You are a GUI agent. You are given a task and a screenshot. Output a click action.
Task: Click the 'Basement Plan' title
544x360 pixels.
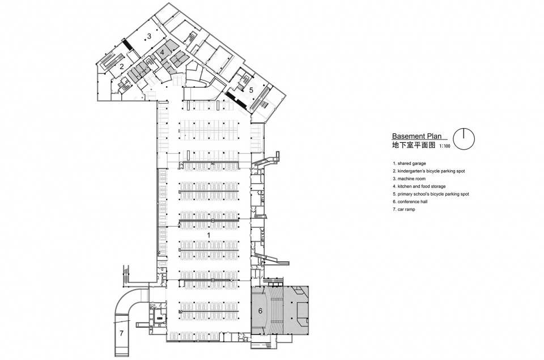coord(416,137)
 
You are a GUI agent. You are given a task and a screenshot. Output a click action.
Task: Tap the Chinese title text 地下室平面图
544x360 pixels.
coord(414,145)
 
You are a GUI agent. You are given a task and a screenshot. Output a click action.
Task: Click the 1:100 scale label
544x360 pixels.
coord(444,146)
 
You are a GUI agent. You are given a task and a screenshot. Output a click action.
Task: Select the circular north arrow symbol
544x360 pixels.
coord(464,139)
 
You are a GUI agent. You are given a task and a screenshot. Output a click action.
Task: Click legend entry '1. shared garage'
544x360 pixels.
coord(409,163)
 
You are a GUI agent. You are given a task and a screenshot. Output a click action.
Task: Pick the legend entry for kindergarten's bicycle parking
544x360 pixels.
coord(429,171)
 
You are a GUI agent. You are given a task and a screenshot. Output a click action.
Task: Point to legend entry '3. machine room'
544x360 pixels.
coord(409,179)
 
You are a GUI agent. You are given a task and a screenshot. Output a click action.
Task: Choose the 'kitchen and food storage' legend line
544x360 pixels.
coord(419,187)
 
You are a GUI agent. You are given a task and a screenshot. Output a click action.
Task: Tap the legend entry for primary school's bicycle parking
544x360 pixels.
coord(431,194)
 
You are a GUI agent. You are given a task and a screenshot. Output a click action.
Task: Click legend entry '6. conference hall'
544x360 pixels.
coord(410,202)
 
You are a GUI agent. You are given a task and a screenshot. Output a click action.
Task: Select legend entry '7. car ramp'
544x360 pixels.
coord(404,209)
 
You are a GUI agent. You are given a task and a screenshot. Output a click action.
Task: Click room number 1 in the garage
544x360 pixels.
coord(209,235)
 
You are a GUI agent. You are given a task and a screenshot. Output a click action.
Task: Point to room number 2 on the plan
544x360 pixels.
coord(122,67)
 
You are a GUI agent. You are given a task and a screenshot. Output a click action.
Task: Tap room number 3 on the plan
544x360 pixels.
coord(149,36)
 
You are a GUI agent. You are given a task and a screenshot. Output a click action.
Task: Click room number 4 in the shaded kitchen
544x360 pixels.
coord(162,52)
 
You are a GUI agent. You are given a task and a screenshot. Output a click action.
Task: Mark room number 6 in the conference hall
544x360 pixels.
coord(260,311)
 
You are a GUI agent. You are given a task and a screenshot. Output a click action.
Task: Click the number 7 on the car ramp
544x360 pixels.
coord(121,333)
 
